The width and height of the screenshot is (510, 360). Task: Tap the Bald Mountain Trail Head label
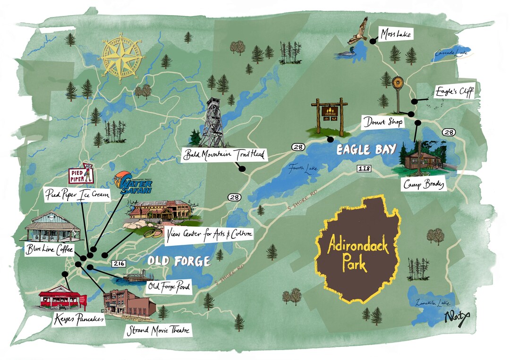[x=224, y=154]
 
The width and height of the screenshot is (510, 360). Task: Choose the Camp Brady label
[x=424, y=184]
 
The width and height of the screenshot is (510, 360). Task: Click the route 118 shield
[x=364, y=168]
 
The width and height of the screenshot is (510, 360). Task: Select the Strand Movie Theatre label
[x=158, y=330]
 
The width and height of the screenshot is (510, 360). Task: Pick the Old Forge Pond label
[x=169, y=286]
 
